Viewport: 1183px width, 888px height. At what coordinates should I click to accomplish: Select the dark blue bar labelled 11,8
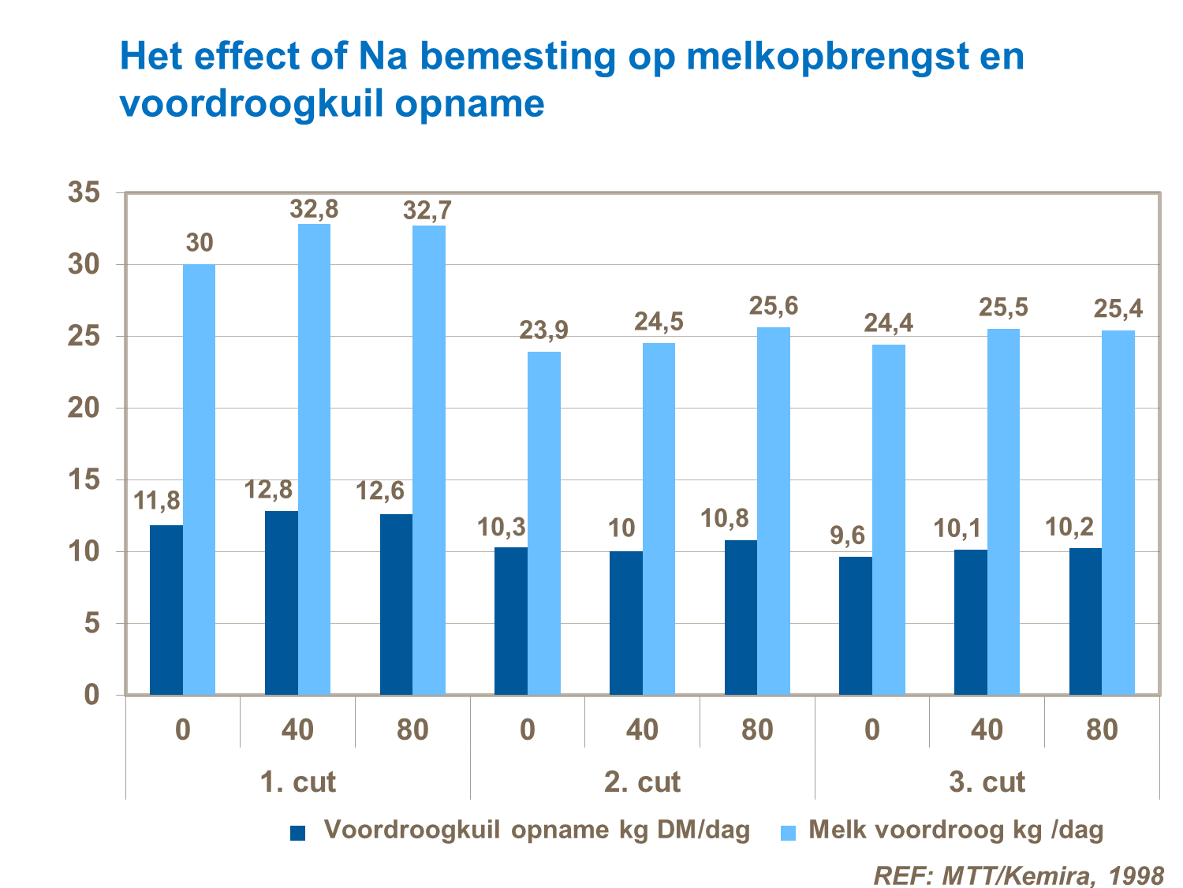(166, 610)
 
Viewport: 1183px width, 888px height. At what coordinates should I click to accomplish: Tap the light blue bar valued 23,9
(544, 523)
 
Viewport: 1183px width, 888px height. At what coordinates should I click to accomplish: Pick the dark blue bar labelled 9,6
(856, 625)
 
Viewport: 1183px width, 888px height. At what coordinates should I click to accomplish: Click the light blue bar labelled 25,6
(774, 511)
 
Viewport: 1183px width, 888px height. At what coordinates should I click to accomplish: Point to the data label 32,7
(427, 211)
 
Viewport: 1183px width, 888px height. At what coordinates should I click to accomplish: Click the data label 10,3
(502, 527)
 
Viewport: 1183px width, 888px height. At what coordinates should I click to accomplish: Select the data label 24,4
(888, 323)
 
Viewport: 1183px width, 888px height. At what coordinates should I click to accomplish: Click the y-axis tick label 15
(84, 479)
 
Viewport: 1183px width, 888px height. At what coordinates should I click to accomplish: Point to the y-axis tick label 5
(92, 624)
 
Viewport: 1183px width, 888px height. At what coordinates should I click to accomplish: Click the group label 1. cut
(297, 782)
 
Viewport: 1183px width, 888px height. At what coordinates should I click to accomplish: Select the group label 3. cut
(987, 782)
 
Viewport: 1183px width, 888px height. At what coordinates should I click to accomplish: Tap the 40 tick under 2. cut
(642, 729)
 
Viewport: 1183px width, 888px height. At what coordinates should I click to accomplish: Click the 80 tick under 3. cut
(1102, 729)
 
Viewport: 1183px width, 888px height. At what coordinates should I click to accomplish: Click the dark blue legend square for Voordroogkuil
(297, 833)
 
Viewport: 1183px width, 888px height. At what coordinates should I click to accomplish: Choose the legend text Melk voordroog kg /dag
(956, 830)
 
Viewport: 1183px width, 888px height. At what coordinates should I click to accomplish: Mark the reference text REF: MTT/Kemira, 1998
(1018, 875)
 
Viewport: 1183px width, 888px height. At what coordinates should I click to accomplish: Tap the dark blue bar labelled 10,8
(741, 617)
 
